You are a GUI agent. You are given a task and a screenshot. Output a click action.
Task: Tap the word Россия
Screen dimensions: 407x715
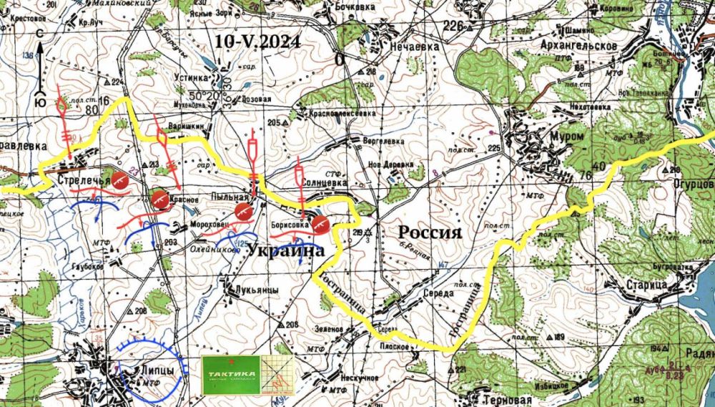click(x=429, y=232)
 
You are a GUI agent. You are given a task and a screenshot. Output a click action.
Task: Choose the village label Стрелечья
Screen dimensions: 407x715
click(x=84, y=180)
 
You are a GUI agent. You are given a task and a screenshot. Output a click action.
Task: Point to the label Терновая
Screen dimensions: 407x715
click(x=508, y=400)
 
